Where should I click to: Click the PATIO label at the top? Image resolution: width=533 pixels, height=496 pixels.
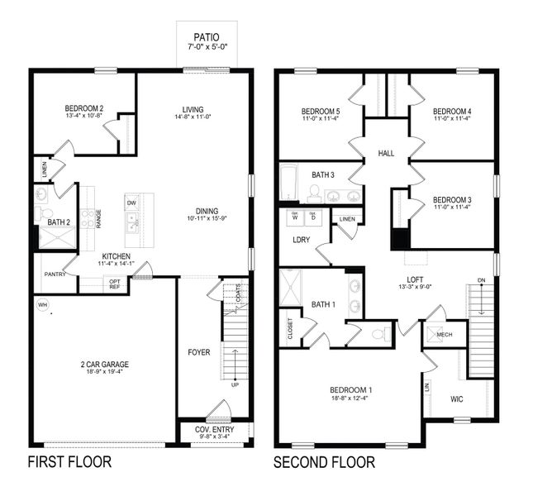[x=206, y=36]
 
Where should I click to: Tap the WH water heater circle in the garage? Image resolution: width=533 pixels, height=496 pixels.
[x=41, y=305]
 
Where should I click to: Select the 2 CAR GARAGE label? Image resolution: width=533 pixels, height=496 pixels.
[x=104, y=364]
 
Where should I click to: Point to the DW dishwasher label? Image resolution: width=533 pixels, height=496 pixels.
[x=131, y=203]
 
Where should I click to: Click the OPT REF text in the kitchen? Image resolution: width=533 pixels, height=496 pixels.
[x=115, y=284]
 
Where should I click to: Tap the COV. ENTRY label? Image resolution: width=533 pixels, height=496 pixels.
[x=214, y=430]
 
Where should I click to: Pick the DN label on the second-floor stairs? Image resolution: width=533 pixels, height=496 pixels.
[x=481, y=281]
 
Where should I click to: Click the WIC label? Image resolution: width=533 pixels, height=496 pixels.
[x=456, y=399]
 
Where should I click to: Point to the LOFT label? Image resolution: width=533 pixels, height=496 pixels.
[x=415, y=279]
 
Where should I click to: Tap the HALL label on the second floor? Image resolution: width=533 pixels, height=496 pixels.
[x=386, y=154]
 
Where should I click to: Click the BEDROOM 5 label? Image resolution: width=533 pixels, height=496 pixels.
[x=320, y=111]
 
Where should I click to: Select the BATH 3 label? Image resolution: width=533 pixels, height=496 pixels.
[x=323, y=174]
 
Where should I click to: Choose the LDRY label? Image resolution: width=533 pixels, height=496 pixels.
[x=301, y=240]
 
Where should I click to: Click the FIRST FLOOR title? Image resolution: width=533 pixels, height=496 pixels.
[x=69, y=461]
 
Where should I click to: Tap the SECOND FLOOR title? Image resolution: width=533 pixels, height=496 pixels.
[x=325, y=461]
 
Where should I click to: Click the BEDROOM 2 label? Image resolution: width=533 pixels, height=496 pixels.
[x=83, y=107]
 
